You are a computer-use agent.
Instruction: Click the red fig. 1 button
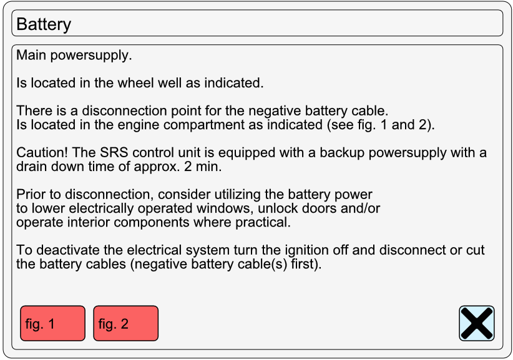pyautogui.click(x=52, y=323)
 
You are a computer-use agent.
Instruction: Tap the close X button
pyautogui.click(x=477, y=323)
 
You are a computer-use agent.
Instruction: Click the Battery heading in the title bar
pyautogui.click(x=44, y=24)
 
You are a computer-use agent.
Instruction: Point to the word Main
pyautogui.click(x=31, y=55)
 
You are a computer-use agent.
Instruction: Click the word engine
pyautogui.click(x=139, y=125)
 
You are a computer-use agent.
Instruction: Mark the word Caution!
pyautogui.click(x=42, y=153)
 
